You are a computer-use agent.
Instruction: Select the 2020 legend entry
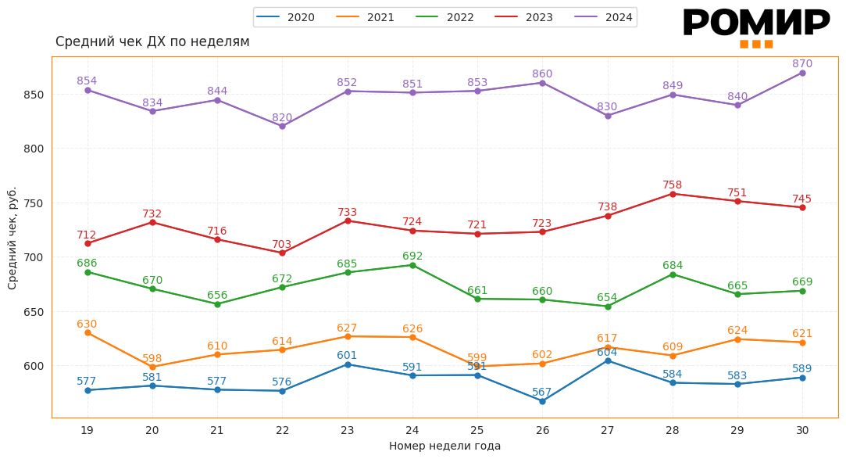coord(286,17)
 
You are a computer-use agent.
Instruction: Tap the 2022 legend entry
coord(445,17)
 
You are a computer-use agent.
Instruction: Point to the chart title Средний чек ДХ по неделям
coord(152,41)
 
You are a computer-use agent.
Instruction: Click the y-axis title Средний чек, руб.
coord(12,238)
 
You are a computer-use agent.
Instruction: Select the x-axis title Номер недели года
coord(444,446)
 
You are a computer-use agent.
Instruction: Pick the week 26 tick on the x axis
coord(542,430)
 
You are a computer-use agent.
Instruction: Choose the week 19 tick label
coord(87,430)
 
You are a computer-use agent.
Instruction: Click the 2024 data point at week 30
coord(802,73)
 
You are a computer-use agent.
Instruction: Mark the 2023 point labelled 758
coord(673,194)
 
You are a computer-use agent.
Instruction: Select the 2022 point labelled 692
coord(412,265)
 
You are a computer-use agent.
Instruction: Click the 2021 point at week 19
coord(87,333)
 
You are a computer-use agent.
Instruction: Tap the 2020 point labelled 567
coord(542,401)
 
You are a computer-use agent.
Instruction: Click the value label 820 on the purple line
coord(282,118)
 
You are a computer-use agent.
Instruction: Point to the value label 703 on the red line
coord(282,245)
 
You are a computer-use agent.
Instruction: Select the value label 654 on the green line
coord(607,298)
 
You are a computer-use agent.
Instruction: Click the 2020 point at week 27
coord(608,360)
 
